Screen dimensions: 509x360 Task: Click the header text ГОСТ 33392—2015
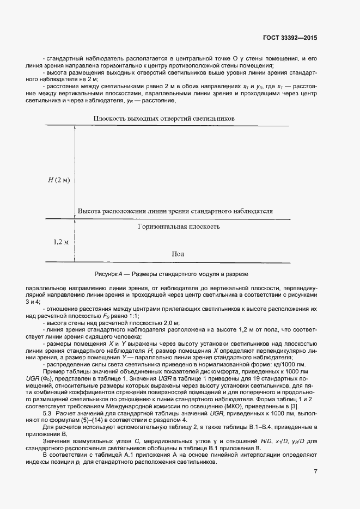point(290,39)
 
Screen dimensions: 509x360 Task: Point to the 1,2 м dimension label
point(61,241)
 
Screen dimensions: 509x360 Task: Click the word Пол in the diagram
point(178,254)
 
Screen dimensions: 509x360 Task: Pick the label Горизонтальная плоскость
point(179,226)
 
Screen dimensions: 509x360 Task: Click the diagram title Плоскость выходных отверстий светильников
point(163,118)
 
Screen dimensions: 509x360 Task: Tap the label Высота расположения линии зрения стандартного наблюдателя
point(175,211)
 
